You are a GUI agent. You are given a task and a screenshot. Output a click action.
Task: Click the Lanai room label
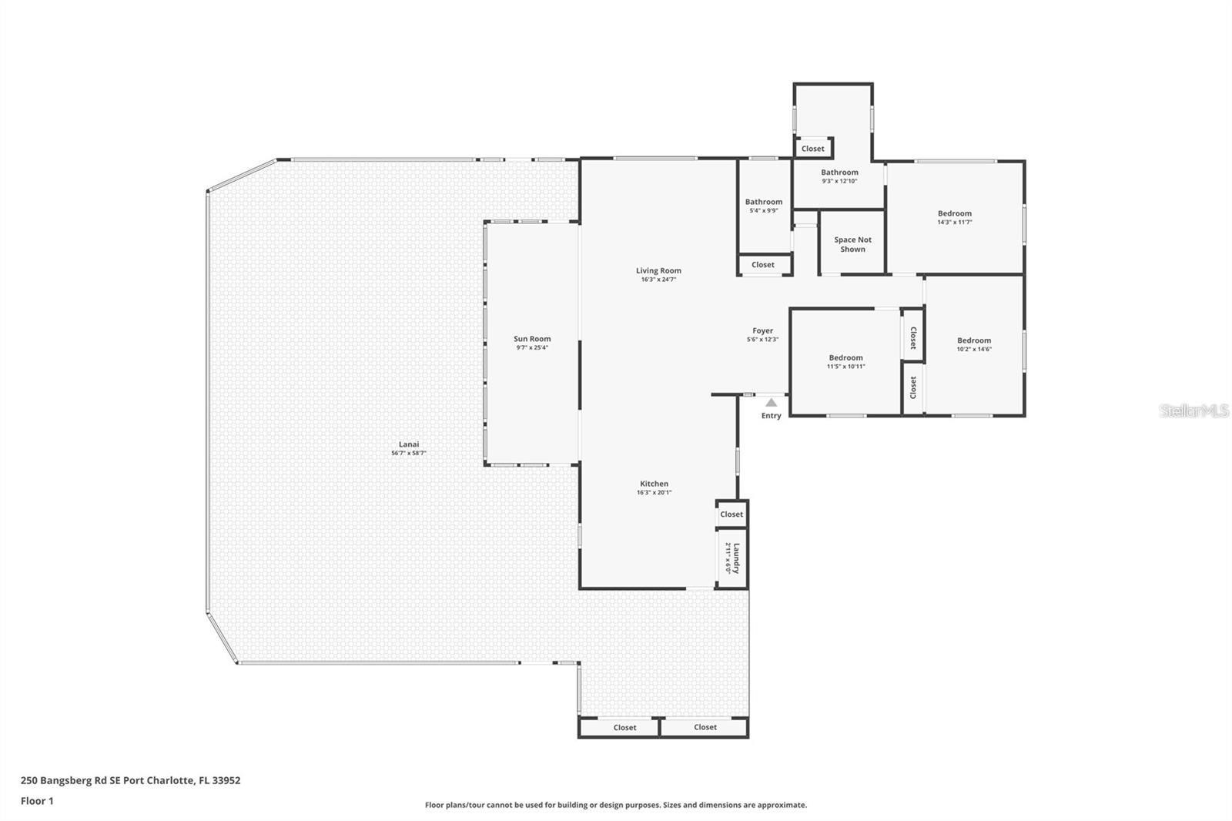pyautogui.click(x=408, y=444)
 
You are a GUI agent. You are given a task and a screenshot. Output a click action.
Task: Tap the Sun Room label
pyautogui.click(x=532, y=339)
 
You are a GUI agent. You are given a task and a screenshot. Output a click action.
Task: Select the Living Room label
pyautogui.click(x=658, y=270)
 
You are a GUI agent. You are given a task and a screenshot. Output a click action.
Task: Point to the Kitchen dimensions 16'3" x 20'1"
pyautogui.click(x=654, y=493)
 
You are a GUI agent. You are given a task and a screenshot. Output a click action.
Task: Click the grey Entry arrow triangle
pyautogui.click(x=771, y=402)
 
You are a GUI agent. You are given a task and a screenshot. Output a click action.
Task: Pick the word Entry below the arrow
pyautogui.click(x=771, y=416)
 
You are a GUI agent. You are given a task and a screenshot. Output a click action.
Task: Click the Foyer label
pyautogui.click(x=762, y=331)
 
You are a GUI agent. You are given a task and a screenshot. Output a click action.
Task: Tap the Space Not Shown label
pyautogui.click(x=852, y=244)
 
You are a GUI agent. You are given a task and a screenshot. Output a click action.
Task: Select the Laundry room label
pyautogui.click(x=735, y=558)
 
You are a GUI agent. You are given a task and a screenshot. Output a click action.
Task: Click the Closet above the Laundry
pyautogui.click(x=731, y=514)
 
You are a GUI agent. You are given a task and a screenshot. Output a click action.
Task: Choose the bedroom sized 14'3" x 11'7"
pyautogui.click(x=954, y=217)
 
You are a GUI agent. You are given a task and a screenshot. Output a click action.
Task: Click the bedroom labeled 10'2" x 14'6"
pyautogui.click(x=974, y=344)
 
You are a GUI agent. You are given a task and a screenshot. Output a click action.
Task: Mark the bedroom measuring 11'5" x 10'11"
pyautogui.click(x=845, y=361)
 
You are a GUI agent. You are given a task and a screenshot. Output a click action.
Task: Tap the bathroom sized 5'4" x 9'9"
pyautogui.click(x=763, y=206)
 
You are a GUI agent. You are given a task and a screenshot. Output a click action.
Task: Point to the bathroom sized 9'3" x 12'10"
pyautogui.click(x=839, y=176)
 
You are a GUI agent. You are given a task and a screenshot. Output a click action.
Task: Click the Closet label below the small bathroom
pyautogui.click(x=763, y=265)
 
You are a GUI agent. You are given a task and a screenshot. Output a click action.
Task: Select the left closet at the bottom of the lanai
pyautogui.click(x=624, y=728)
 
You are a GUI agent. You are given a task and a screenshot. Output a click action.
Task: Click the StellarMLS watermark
pyautogui.click(x=1193, y=411)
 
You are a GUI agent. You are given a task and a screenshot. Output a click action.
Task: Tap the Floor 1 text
pyautogui.click(x=37, y=801)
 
